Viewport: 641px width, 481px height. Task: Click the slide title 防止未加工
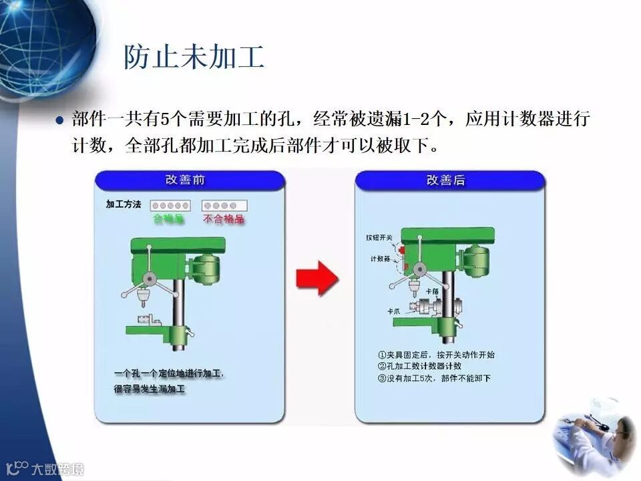[194, 57]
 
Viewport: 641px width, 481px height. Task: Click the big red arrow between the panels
[316, 278]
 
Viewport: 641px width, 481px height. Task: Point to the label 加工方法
[124, 205]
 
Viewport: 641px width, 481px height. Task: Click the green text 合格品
[168, 219]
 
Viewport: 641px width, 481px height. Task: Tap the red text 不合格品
[224, 219]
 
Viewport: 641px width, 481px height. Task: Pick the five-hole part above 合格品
[170, 205]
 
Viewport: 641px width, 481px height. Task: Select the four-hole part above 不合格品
[224, 205]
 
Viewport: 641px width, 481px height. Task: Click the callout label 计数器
[380, 259]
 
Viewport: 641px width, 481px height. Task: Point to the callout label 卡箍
[431, 291]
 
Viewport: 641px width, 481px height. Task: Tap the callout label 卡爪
[393, 311]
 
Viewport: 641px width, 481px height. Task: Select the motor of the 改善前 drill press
[204, 267]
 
